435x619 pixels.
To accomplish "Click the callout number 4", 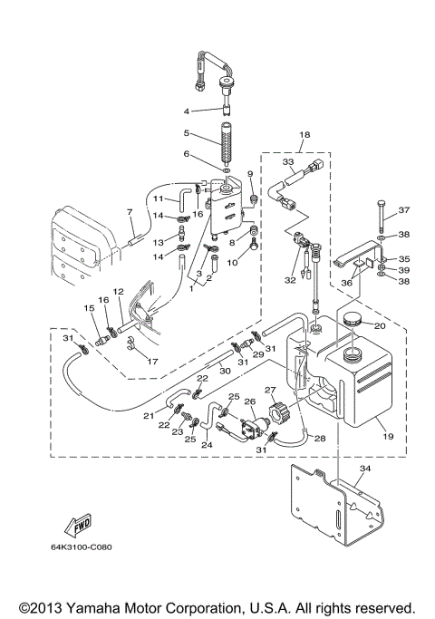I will pyautogui.click(x=187, y=111).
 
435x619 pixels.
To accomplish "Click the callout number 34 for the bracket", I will pyautogui.click(x=363, y=469).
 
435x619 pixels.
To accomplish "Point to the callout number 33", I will pyautogui.click(x=287, y=163).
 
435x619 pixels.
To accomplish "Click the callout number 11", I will pyautogui.click(x=157, y=198).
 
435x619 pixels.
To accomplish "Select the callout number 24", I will pyautogui.click(x=206, y=445).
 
